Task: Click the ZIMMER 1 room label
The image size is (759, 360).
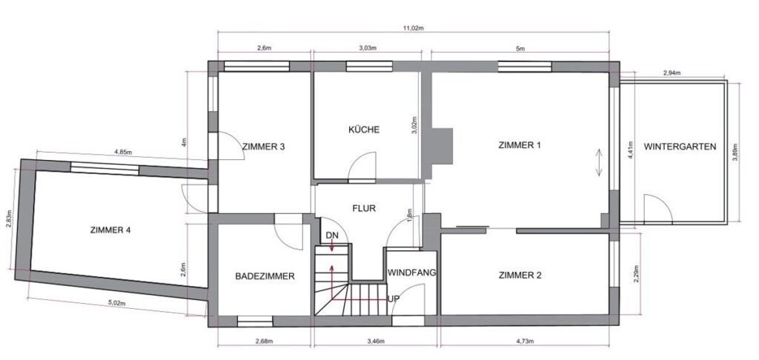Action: point(520,145)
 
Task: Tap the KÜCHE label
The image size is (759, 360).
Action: point(364,130)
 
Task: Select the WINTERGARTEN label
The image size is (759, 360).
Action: point(680,147)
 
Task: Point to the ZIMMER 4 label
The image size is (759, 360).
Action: point(109,230)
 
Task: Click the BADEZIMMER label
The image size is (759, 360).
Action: point(265,276)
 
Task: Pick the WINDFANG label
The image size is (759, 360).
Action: point(411,273)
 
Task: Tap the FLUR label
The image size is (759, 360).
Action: point(365,209)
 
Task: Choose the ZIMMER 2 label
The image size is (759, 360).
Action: point(520,276)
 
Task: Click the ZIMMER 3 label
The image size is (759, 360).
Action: point(264,147)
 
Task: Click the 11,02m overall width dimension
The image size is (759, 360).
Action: point(413,28)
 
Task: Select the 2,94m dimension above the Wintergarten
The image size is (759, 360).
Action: point(673,73)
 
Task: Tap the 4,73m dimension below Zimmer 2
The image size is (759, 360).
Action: point(527,342)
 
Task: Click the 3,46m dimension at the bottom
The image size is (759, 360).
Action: point(377,342)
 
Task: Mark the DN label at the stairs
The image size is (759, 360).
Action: point(331,236)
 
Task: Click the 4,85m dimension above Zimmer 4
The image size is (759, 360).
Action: point(122,153)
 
